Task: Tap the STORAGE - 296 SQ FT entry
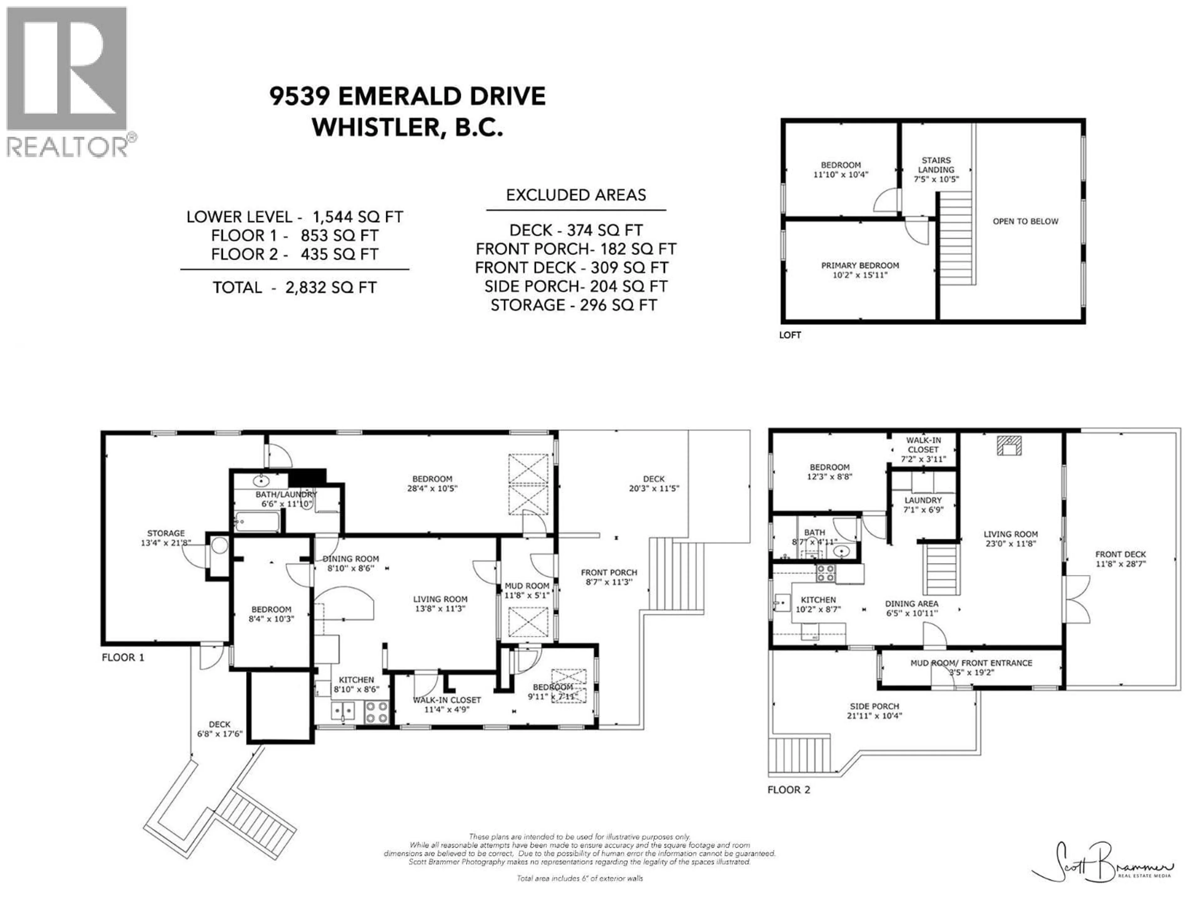click(x=574, y=305)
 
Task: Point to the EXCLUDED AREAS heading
click(x=576, y=195)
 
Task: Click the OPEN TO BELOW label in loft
click(x=1025, y=221)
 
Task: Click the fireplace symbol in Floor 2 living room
click(x=1009, y=446)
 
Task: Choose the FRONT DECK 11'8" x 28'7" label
click(x=1120, y=559)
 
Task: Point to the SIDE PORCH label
click(x=874, y=710)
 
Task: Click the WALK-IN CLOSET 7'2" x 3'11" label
click(x=923, y=450)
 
